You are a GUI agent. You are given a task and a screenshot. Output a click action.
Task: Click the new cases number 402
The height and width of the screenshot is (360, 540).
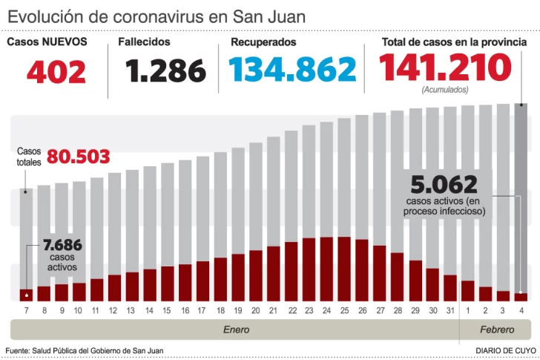(x=56, y=72)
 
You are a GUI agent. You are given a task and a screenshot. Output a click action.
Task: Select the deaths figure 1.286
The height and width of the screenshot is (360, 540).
(x=165, y=71)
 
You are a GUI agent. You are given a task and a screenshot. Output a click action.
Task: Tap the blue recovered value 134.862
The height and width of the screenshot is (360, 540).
(x=292, y=71)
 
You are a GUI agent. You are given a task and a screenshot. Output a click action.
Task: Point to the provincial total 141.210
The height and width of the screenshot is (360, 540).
(x=445, y=68)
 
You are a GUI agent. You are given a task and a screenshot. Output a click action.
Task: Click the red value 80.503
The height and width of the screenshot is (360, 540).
(x=78, y=157)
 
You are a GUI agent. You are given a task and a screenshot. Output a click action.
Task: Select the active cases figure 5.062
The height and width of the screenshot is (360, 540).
(x=444, y=184)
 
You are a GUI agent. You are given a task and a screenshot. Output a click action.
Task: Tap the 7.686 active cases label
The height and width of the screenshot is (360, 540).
(x=62, y=246)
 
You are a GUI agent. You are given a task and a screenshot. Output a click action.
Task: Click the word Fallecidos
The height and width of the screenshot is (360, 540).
(x=144, y=42)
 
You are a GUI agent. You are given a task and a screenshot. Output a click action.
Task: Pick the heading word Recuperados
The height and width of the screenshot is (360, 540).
(x=263, y=42)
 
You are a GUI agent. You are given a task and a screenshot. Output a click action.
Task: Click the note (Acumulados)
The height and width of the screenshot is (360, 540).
(x=444, y=89)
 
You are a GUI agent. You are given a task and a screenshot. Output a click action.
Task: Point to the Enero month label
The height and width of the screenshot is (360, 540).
(x=236, y=330)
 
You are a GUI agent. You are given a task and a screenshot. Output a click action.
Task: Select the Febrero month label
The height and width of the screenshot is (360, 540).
(x=497, y=330)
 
